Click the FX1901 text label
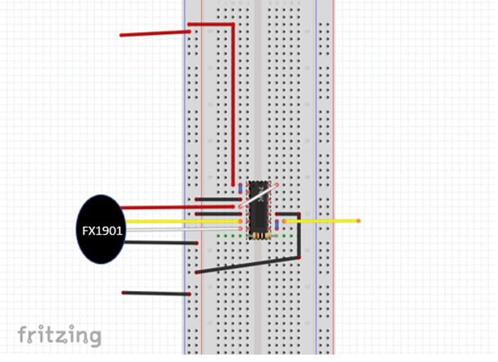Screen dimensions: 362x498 (x=102, y=230)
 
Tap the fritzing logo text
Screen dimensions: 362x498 (x=60, y=335)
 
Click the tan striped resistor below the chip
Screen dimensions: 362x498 (x=260, y=235)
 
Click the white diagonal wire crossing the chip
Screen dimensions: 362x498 (x=259, y=196)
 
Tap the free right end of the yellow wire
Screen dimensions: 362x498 (x=358, y=221)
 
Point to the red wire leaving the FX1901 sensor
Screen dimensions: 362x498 (x=178, y=208)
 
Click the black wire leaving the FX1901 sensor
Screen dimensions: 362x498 (x=160, y=243)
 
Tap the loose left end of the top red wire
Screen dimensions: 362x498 (x=122, y=35)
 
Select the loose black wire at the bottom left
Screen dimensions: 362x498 (x=157, y=293)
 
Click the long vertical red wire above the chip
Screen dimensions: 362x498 (x=233, y=107)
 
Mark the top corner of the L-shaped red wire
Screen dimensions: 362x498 (x=233, y=25)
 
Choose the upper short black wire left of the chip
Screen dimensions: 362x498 (x=217, y=199)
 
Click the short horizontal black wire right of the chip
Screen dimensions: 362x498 (x=287, y=213)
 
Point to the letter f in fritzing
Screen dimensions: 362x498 (x=22, y=334)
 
